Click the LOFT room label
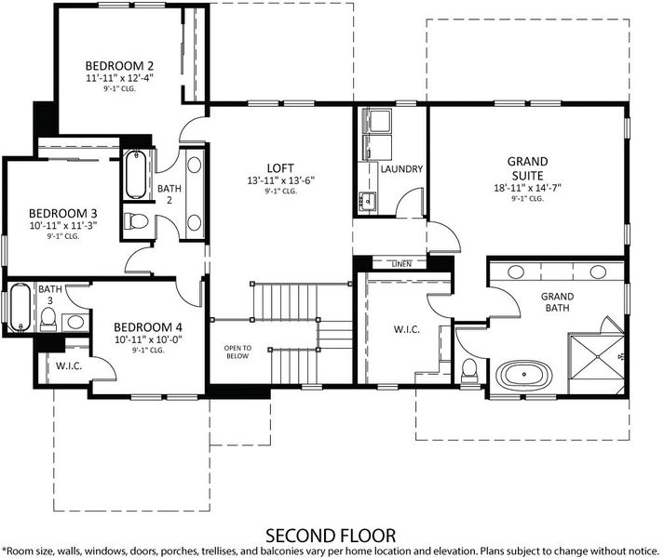click(280, 168)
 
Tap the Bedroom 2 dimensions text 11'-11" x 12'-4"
click(119, 78)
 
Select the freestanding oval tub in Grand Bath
click(523, 374)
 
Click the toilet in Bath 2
click(136, 220)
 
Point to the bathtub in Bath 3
click(20, 308)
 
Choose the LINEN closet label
click(401, 264)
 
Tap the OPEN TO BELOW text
click(237, 352)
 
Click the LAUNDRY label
click(401, 169)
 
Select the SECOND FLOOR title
click(331, 536)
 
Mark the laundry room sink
click(367, 200)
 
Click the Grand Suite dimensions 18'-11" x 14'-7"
click(527, 188)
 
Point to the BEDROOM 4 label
click(148, 327)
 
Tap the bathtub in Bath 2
click(136, 174)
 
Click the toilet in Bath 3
click(47, 319)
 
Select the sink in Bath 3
click(75, 323)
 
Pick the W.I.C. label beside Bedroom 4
click(69, 365)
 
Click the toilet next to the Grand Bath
click(468, 369)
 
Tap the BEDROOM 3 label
click(63, 213)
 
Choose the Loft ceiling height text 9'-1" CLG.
click(281, 192)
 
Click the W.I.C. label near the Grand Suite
click(407, 329)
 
